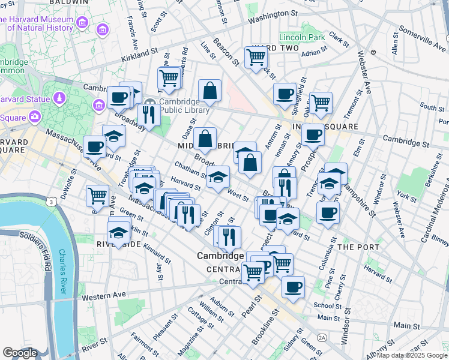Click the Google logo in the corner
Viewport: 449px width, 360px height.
pyautogui.click(x=20, y=353)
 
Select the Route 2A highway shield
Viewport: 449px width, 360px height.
pyautogui.click(x=322, y=338)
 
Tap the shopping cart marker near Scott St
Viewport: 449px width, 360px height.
pyautogui.click(x=169, y=78)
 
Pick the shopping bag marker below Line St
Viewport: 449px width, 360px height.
pyautogui.click(x=209, y=91)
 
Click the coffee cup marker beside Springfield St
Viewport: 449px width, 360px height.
pyautogui.click(x=285, y=94)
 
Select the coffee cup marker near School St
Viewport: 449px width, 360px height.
pyautogui.click(x=293, y=287)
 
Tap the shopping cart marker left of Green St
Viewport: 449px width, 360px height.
pyautogui.click(x=97, y=195)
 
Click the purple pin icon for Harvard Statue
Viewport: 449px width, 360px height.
pyautogui.click(x=60, y=98)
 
